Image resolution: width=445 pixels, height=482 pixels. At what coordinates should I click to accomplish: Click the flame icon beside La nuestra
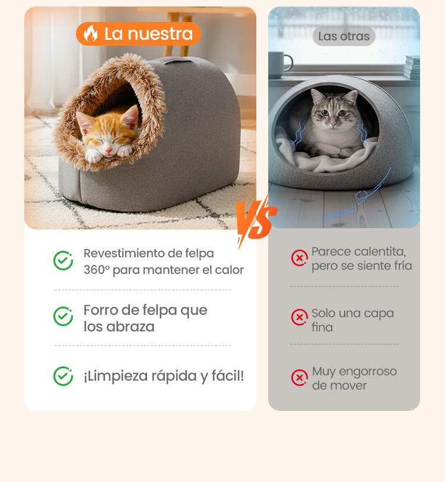point(91,34)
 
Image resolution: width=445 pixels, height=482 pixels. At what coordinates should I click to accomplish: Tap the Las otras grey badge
point(344,36)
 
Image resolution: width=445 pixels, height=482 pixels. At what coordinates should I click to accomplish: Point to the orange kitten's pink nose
point(109,151)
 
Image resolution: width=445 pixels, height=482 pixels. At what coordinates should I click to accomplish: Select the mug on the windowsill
point(279,65)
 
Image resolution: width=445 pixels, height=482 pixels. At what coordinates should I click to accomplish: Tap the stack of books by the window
point(412,67)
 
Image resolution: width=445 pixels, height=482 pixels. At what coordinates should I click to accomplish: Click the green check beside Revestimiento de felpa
point(63,261)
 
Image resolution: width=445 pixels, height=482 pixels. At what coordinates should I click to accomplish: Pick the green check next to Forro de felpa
point(63,317)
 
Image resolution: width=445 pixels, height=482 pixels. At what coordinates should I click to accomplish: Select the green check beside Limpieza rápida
point(63,376)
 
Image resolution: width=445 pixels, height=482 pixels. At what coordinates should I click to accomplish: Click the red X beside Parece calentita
point(300,258)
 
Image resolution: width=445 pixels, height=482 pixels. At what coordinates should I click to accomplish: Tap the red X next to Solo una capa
point(300,317)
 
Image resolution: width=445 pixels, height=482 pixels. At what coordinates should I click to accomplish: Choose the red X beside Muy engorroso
point(300,378)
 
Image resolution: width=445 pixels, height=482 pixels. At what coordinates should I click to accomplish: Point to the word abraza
point(130,327)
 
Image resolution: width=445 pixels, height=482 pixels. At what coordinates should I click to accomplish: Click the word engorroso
point(368,372)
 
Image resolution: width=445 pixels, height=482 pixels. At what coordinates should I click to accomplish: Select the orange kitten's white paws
point(109,154)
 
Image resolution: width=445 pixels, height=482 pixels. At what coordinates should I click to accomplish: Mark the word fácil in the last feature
point(228,376)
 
